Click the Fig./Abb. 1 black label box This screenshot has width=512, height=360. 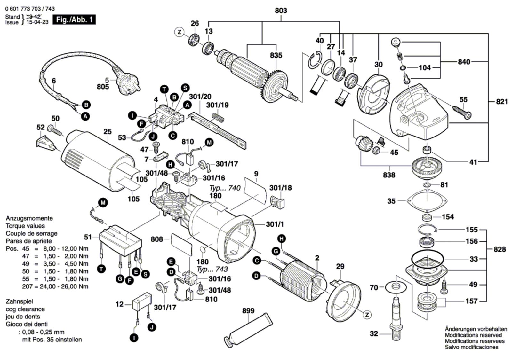(x=74, y=20)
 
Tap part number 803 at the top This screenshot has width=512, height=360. (x=281, y=11)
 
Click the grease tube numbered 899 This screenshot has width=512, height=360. (x=248, y=329)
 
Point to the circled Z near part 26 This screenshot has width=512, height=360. (x=180, y=32)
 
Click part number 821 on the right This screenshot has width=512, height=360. (x=502, y=102)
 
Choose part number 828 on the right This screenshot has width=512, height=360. (x=500, y=249)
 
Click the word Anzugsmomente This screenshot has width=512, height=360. (x=29, y=218)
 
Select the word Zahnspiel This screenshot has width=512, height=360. (x=19, y=301)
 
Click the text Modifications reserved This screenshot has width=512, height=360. (x=473, y=335)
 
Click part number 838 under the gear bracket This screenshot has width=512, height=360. (x=389, y=175)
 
